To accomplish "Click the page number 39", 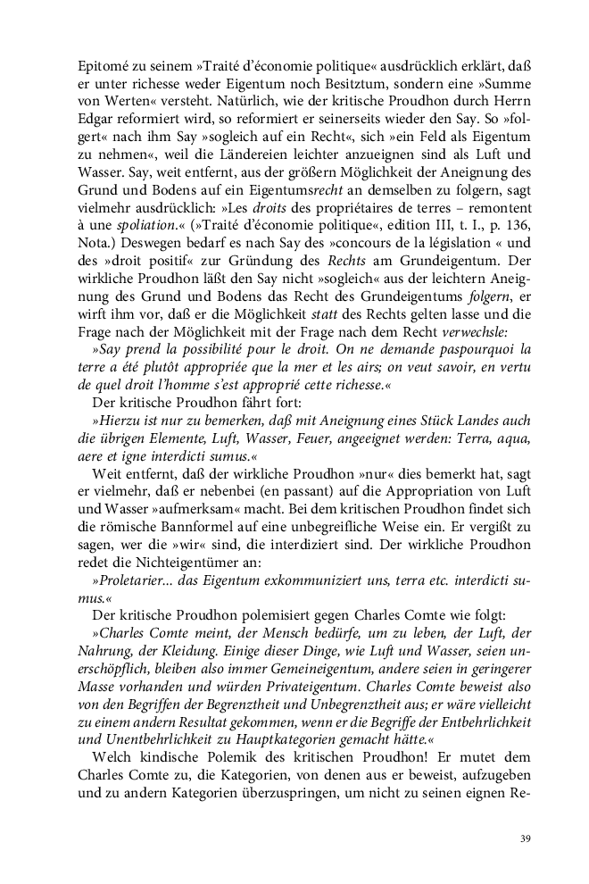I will click(x=524, y=838).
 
